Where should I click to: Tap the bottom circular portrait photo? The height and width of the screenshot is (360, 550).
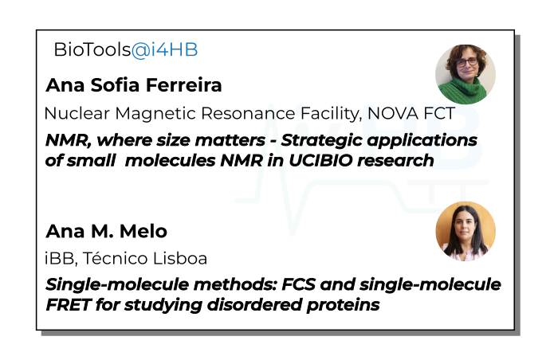pyautogui.click(x=466, y=231)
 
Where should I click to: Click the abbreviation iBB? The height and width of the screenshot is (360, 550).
pyautogui.click(x=58, y=259)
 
